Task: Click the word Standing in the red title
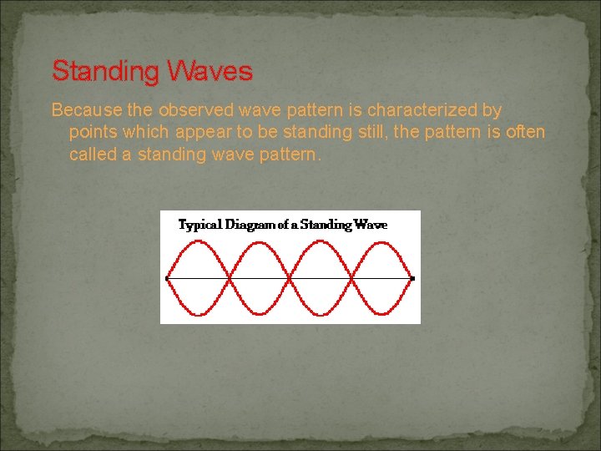[x=104, y=72]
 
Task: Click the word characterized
[x=418, y=110]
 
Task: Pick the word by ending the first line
[x=491, y=110]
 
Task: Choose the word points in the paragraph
[x=92, y=132]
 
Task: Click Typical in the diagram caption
[x=199, y=225]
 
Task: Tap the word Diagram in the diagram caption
[x=252, y=225]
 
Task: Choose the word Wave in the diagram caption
[x=371, y=225]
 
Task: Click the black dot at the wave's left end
[x=168, y=277]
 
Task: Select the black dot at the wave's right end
[x=412, y=277]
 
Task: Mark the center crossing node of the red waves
[x=290, y=277]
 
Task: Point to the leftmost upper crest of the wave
[x=198, y=241]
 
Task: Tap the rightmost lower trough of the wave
[x=382, y=314]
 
